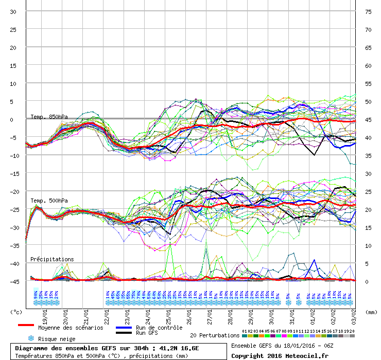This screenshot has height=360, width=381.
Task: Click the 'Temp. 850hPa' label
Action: click(x=49, y=117)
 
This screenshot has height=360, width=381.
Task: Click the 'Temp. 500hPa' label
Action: click(x=49, y=201)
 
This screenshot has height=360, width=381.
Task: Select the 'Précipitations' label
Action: click(x=52, y=259)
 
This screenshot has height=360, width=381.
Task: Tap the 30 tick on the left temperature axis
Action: click(x=13, y=12)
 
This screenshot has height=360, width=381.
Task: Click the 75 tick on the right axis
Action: click(x=368, y=12)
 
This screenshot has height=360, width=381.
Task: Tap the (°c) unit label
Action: click(x=16, y=312)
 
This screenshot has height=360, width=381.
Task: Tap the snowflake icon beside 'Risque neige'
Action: click(x=31, y=338)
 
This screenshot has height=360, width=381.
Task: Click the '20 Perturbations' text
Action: click(x=215, y=335)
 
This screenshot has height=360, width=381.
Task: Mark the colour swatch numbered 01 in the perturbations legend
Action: click(x=245, y=336)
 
